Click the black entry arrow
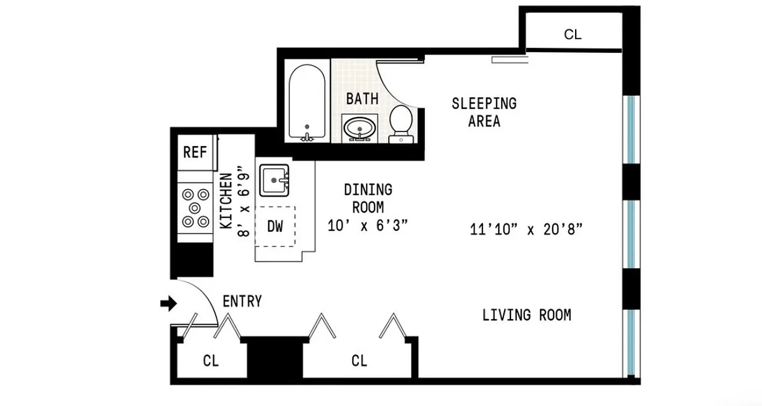(x=168, y=304)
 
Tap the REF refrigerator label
(x=194, y=152)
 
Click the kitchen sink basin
(x=274, y=180)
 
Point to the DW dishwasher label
(x=275, y=226)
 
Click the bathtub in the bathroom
(x=306, y=101)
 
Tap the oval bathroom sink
(x=360, y=127)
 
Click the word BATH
(x=362, y=98)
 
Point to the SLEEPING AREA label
(x=484, y=112)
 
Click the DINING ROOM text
(x=368, y=198)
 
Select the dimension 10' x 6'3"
(x=368, y=226)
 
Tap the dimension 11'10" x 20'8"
(x=526, y=229)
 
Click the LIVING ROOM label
(x=526, y=315)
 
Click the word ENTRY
(x=242, y=301)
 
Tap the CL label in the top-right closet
(x=573, y=35)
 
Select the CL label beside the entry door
(x=211, y=361)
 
